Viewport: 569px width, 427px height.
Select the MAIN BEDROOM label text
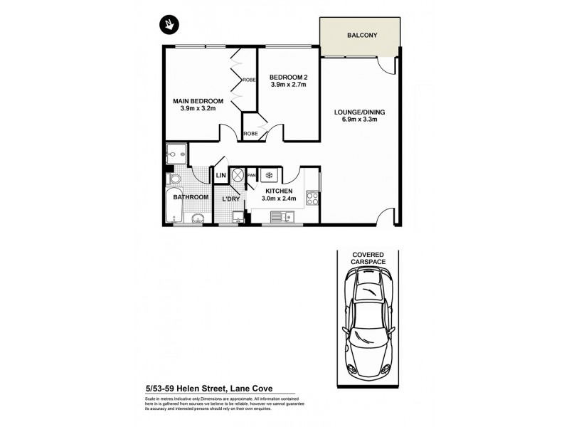coord(198,100)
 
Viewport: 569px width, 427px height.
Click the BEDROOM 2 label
coord(288,77)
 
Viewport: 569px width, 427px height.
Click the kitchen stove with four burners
coord(312,197)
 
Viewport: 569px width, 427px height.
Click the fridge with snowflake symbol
coord(270,174)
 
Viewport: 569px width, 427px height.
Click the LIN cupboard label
coord(220,175)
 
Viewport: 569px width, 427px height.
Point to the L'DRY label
coord(230,199)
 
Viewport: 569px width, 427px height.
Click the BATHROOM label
coord(191,197)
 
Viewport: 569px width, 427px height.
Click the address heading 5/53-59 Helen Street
coord(209,389)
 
